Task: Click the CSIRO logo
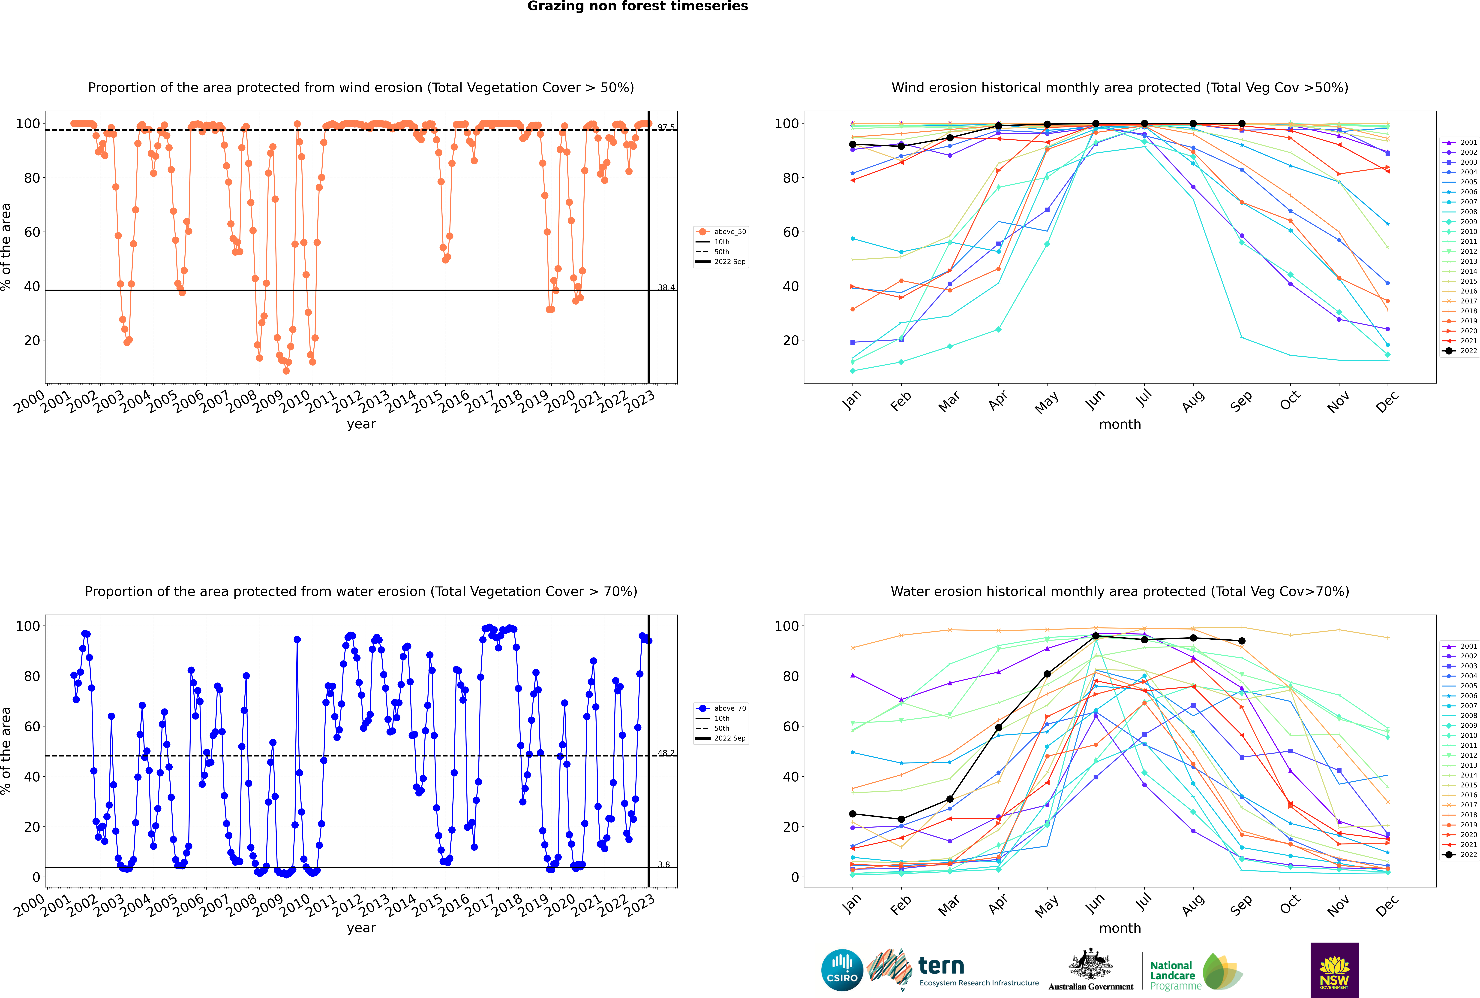tap(842, 970)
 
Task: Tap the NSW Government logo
tap(1334, 969)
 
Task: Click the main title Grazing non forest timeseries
tap(638, 6)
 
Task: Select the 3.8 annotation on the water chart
tap(664, 864)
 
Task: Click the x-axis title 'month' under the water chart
tap(1120, 928)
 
